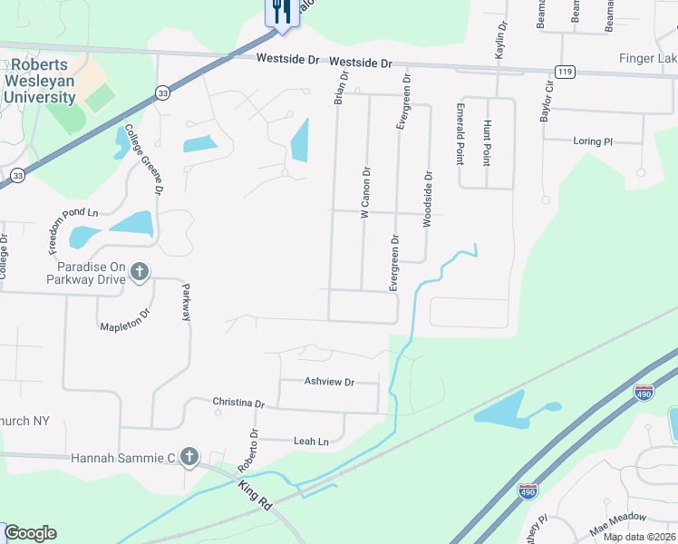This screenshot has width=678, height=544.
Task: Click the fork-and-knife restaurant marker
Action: [281, 12]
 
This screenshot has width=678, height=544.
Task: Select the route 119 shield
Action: [565, 72]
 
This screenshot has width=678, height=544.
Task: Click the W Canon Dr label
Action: [366, 191]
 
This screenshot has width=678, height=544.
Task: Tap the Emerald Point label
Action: [460, 134]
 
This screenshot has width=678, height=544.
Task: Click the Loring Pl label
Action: [593, 141]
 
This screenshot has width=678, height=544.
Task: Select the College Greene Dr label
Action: [143, 160]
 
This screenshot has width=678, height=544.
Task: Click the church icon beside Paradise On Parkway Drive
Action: [140, 270]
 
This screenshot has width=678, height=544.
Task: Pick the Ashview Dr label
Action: [329, 382]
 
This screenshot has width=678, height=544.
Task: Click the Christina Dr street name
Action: [238, 403]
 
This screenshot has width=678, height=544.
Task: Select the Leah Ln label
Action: [310, 442]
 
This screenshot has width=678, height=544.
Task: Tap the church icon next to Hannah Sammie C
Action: [189, 457]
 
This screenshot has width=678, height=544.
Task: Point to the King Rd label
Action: [256, 494]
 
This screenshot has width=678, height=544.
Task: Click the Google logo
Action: [30, 533]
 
